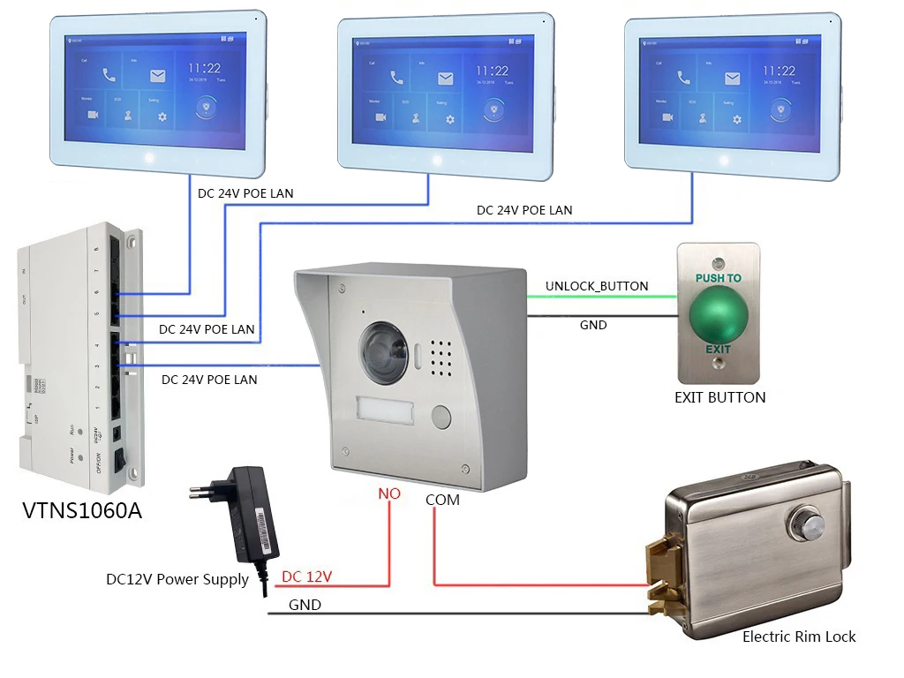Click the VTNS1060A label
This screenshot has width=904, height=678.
(81, 511)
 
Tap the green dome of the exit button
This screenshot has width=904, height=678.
(718, 315)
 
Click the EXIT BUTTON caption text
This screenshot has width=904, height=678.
(719, 397)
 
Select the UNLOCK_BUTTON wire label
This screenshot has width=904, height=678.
(597, 286)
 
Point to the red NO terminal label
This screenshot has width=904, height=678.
(389, 494)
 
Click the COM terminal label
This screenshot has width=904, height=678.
(442, 499)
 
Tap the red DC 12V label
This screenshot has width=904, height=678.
(306, 576)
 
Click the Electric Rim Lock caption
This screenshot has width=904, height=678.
(799, 636)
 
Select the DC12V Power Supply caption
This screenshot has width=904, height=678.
(177, 580)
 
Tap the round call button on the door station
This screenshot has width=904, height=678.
(440, 415)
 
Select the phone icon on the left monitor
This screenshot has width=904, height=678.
(109, 76)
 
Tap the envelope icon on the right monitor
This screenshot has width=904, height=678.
(732, 78)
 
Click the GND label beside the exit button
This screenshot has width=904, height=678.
(593, 325)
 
